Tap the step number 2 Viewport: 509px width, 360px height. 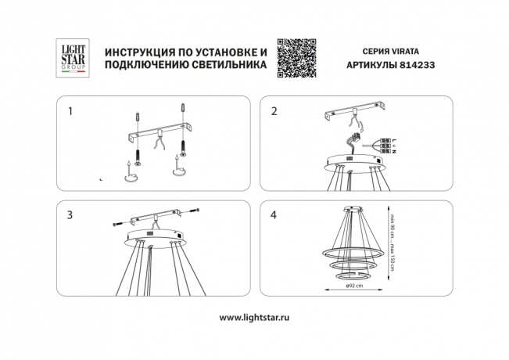[x=274, y=112]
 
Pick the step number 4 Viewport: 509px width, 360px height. [x=274, y=214]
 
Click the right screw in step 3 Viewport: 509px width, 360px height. [x=195, y=212]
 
